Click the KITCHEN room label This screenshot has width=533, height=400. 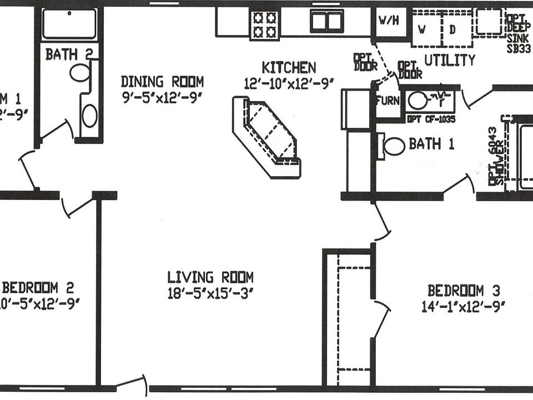click(289, 68)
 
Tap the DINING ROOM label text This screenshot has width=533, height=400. click(162, 82)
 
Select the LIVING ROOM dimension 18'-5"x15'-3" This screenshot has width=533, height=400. click(211, 293)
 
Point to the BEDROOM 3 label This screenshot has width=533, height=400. click(464, 290)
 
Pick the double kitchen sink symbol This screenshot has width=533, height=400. click(326, 22)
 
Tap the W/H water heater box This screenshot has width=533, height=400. click(389, 21)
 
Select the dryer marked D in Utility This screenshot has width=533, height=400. click(452, 30)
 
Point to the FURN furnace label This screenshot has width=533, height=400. click(386, 101)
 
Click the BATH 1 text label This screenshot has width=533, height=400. click(431, 144)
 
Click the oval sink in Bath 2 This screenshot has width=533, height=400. click(89, 116)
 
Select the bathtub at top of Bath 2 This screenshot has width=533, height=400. click(69, 23)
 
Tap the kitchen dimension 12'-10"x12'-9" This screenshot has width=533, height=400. click(289, 83)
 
